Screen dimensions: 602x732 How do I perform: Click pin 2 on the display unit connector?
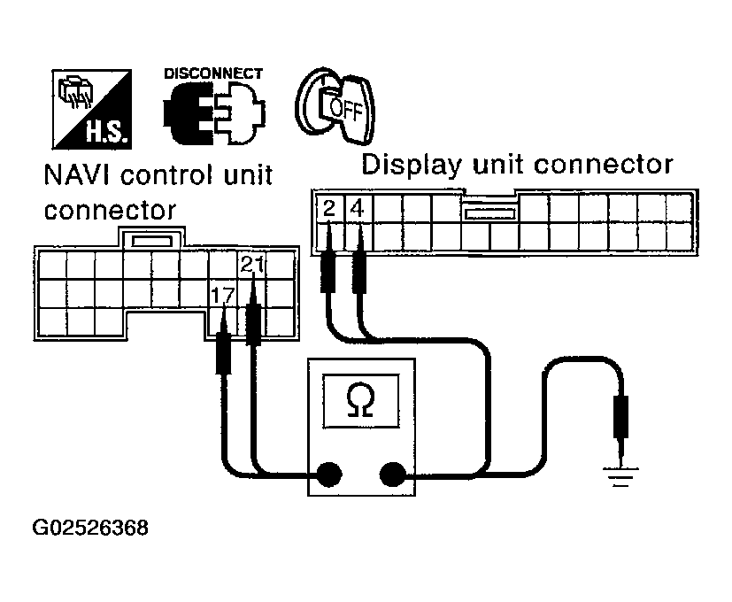(328, 210)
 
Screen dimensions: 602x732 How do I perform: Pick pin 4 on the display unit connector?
(357, 210)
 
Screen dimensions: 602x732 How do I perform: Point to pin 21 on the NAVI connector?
(251, 263)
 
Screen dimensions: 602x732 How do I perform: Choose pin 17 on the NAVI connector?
(222, 292)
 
